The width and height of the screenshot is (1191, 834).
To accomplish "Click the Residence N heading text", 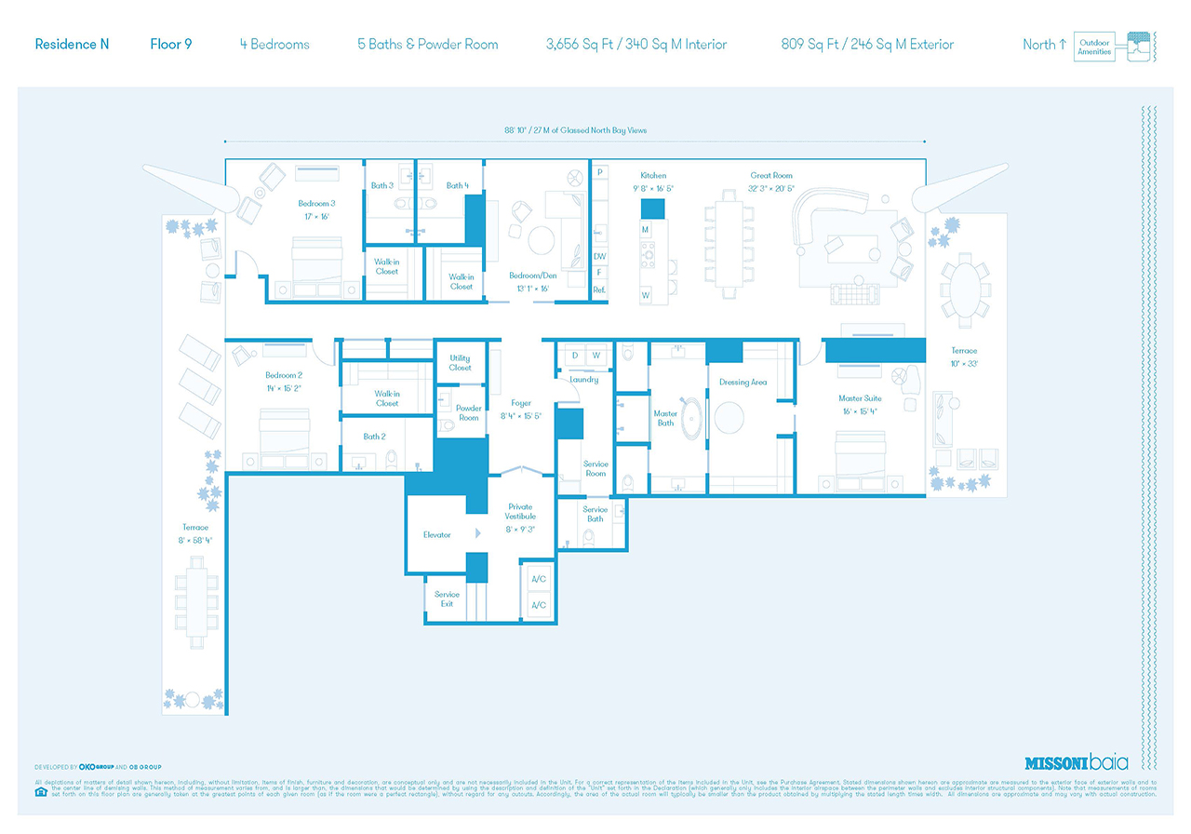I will click(x=72, y=44).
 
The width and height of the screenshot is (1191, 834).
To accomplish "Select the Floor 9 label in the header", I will click(x=171, y=44).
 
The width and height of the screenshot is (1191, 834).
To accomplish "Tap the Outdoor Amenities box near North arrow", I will click(x=1093, y=47).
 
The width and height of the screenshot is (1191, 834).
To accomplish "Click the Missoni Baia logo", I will click(x=1076, y=762).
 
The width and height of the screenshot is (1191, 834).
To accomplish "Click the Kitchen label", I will click(x=653, y=175).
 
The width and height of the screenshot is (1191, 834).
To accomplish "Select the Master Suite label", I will click(x=859, y=398).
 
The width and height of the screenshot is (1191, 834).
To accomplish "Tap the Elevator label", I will click(x=436, y=534).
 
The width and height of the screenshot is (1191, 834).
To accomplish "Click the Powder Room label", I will click(x=468, y=413).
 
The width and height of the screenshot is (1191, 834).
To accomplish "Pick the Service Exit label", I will click(x=447, y=599).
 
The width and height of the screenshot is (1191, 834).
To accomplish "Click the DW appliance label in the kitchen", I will click(x=599, y=256).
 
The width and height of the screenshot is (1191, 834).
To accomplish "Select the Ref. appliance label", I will click(x=599, y=290).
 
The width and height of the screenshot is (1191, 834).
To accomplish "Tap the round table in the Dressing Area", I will click(x=730, y=417).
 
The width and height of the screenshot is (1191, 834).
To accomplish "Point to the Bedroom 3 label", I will click(x=316, y=203).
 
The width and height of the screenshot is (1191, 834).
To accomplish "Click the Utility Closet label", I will click(x=460, y=363).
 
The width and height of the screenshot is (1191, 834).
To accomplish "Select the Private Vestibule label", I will click(x=520, y=512).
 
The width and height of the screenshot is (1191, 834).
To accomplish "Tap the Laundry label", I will click(x=583, y=380).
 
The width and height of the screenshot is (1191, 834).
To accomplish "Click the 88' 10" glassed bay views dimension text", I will click(x=574, y=130).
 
